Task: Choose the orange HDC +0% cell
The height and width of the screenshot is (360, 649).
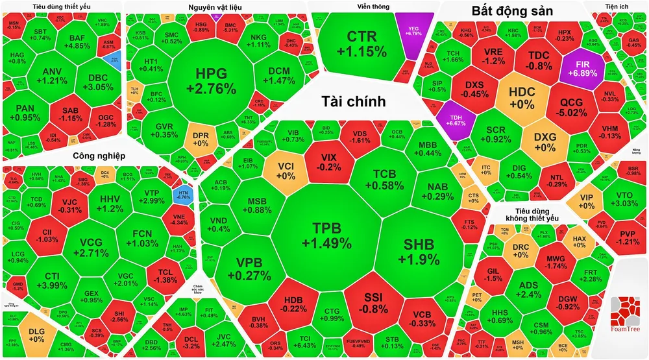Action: (513, 97)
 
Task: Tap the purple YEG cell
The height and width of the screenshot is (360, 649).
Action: (413, 29)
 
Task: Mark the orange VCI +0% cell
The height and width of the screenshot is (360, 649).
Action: (286, 170)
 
